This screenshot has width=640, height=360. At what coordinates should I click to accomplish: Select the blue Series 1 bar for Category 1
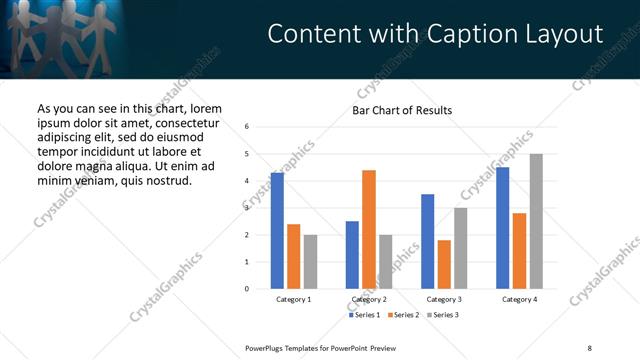tap(277, 231)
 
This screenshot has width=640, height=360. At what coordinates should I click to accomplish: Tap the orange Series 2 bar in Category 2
tap(368, 229)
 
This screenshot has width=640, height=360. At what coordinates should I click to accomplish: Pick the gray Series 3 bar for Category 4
tap(536, 221)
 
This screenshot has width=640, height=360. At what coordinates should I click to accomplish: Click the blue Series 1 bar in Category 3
tap(427, 241)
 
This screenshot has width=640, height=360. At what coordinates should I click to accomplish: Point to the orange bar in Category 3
tap(444, 264)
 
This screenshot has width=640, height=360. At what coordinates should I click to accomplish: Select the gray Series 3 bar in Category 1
tap(310, 261)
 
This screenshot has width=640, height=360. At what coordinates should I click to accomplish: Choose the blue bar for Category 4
tap(502, 228)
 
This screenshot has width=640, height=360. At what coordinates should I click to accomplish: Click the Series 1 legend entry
tap(365, 315)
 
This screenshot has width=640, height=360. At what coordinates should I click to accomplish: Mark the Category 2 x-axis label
tap(368, 299)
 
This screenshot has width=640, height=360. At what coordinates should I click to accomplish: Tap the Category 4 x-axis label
tap(519, 299)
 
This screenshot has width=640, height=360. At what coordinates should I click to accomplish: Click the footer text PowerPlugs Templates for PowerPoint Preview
tap(321, 347)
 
